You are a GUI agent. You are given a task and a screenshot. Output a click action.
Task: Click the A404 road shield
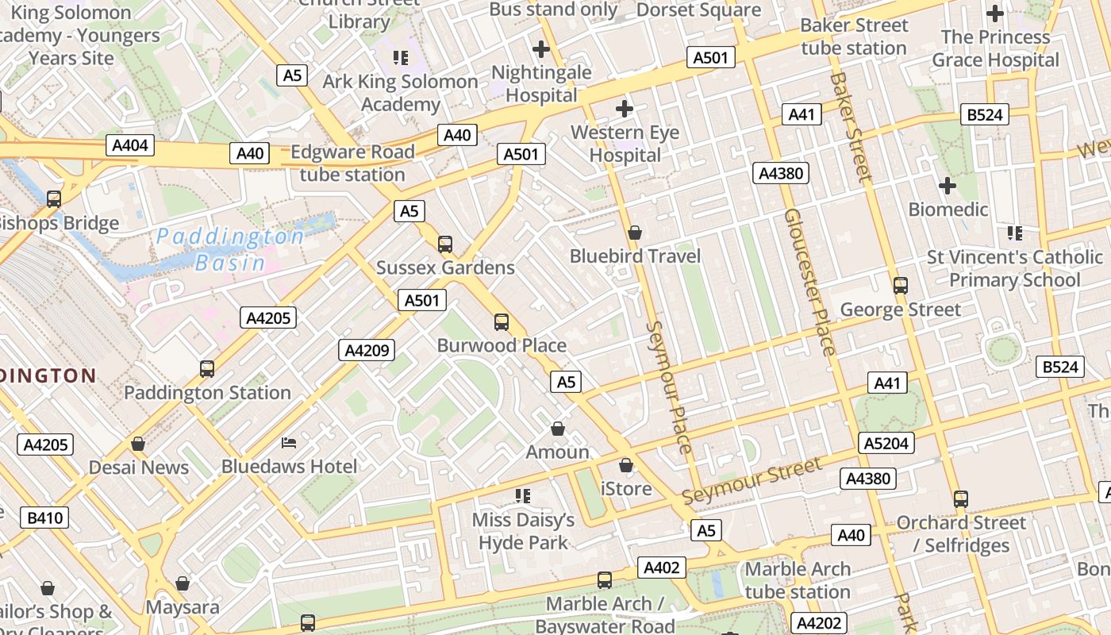(130, 145)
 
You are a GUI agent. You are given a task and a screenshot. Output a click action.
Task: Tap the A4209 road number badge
(367, 350)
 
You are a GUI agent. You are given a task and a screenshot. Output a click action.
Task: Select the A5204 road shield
(886, 443)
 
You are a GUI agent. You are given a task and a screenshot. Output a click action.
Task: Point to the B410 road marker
(45, 518)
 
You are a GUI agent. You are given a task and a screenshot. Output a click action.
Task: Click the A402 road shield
(661, 568)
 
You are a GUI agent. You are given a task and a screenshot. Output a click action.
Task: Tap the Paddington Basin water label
(229, 249)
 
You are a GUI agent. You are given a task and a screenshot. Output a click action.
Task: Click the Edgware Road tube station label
(352, 163)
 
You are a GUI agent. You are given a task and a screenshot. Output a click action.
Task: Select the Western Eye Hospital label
(625, 144)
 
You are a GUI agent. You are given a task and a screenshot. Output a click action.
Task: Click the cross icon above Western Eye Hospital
(625, 108)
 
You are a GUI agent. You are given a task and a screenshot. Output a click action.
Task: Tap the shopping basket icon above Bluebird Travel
(635, 233)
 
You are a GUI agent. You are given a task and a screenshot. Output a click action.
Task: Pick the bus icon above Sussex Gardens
(445, 244)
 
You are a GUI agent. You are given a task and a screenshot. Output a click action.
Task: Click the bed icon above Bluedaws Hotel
(289, 442)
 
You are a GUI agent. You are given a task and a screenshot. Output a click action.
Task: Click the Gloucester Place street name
(810, 282)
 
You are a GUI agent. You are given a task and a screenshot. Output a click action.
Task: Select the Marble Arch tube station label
(798, 580)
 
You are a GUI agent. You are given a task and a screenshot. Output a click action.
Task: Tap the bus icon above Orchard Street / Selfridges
(961, 498)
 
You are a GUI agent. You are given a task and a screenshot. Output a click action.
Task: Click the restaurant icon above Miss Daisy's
(523, 496)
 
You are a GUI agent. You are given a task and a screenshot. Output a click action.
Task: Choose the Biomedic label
(948, 210)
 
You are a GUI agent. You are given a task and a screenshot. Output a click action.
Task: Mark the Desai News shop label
(139, 467)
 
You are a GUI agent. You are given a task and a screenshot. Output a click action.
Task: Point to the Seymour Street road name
(752, 481)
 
